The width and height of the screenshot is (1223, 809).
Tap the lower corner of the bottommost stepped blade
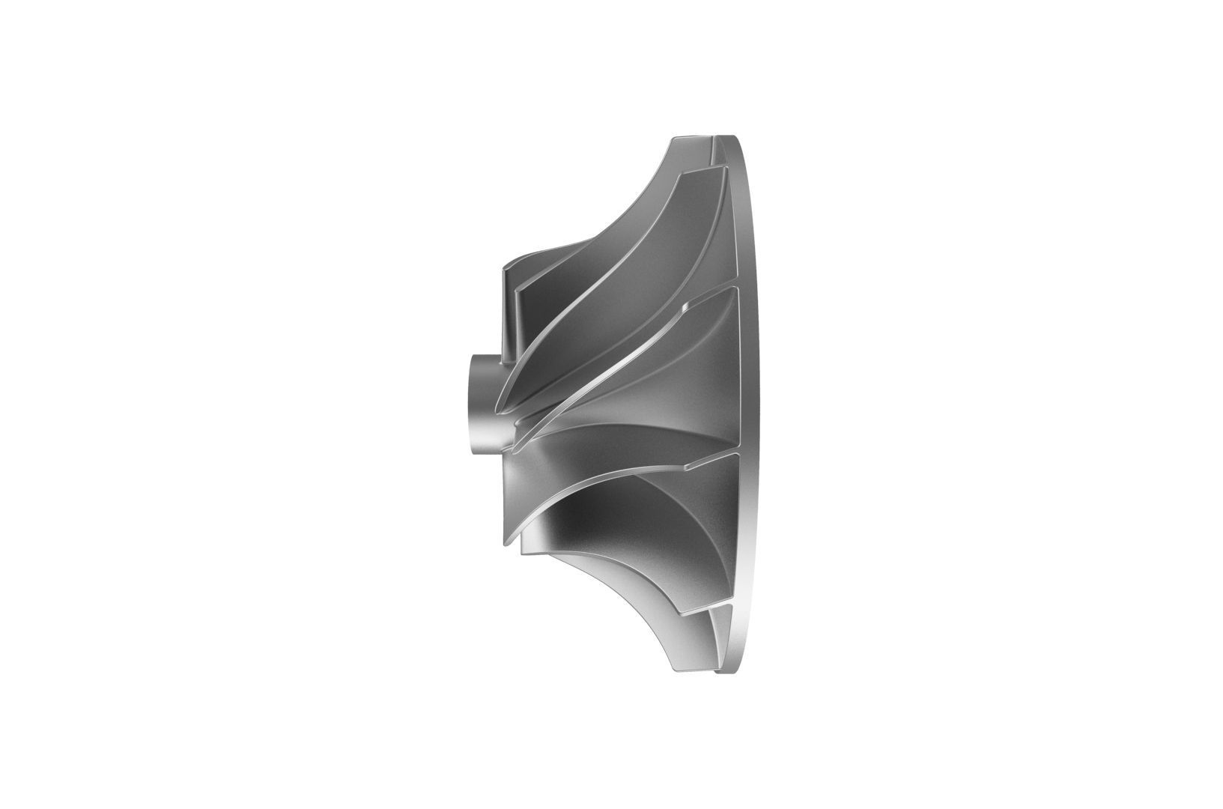click(521, 555)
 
